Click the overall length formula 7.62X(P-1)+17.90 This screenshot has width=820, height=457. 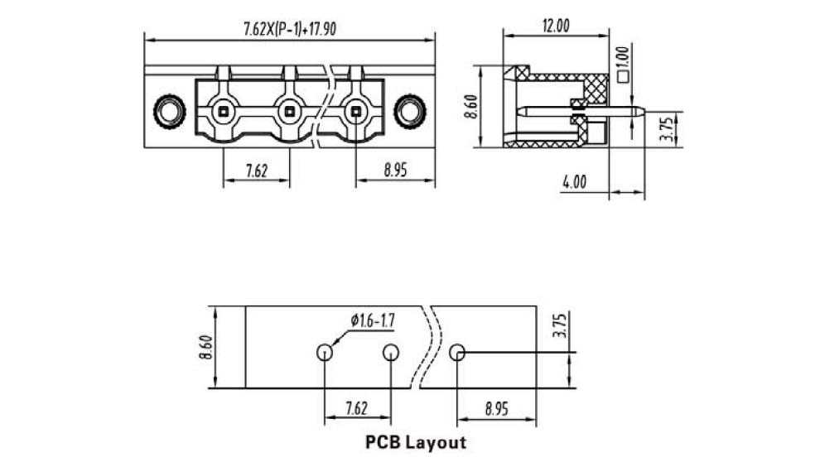pos(289,29)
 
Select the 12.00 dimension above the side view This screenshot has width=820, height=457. pos(556,26)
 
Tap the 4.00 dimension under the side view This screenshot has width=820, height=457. pos(574,182)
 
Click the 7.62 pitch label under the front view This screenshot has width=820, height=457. pos(256,171)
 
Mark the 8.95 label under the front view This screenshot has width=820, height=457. pos(395,171)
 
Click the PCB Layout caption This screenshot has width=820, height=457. pos(416,442)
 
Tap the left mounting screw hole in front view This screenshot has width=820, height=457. pos(170,111)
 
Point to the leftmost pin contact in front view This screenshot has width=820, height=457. pos(224,110)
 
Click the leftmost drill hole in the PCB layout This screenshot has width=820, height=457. pos(325,353)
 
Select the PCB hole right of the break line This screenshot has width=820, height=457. pos(457,353)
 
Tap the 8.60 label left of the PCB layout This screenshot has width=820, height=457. pos(204,347)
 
